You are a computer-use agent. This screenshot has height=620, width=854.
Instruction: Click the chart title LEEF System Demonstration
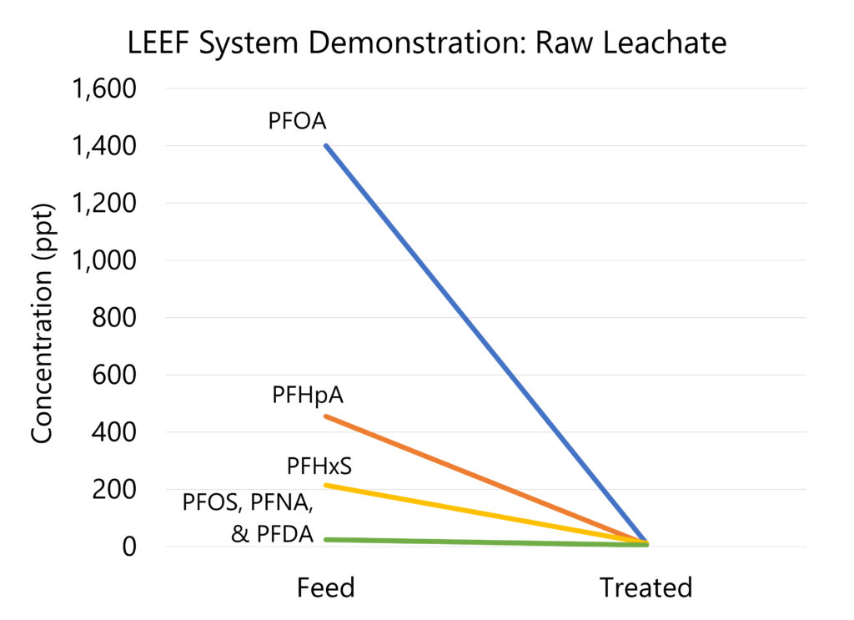click(x=427, y=43)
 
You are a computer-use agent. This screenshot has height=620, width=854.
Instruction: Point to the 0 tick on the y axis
click(x=128, y=547)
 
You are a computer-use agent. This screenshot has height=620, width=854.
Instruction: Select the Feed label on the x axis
click(x=325, y=587)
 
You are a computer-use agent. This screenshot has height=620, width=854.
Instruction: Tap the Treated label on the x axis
click(x=646, y=587)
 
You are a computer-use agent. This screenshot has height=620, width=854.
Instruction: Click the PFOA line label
click(x=297, y=122)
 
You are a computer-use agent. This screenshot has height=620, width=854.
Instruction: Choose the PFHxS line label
click(x=313, y=465)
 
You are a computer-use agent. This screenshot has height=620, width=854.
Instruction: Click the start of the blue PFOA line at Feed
click(x=326, y=145)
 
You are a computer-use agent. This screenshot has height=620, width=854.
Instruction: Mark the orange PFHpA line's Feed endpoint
click(x=326, y=416)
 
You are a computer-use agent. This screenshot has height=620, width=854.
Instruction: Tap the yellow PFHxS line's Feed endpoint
click(x=326, y=485)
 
